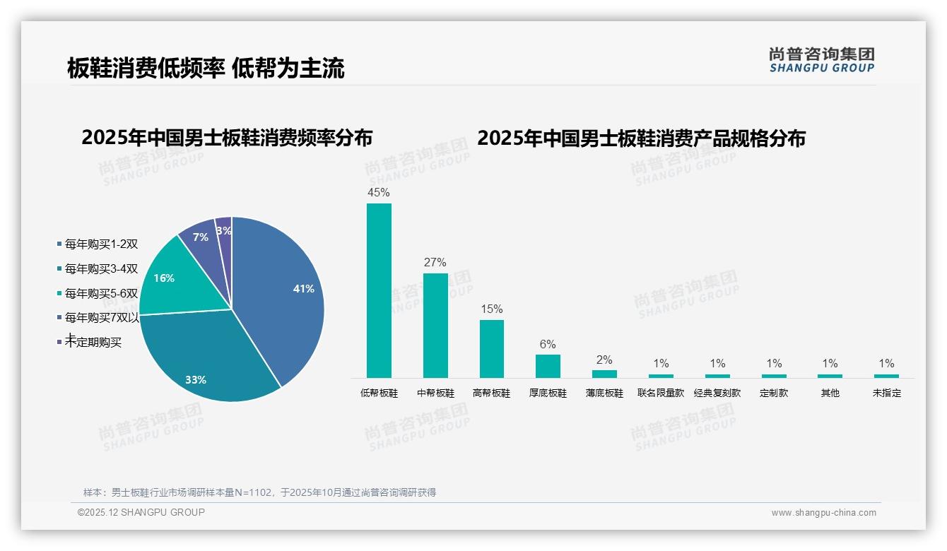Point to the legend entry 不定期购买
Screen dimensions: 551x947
coord(93,343)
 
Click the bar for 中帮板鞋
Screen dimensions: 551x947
coord(435,325)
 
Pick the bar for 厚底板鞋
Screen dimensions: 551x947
coord(548,366)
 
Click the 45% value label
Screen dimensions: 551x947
coord(379,192)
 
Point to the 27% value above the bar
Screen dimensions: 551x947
coord(435,262)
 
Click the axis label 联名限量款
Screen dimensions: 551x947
coord(661,393)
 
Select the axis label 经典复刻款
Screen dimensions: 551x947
coord(717,393)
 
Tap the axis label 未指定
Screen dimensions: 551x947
coord(887,393)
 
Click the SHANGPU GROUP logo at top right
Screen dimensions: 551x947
coord(821,60)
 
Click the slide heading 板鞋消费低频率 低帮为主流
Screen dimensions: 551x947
coord(206,68)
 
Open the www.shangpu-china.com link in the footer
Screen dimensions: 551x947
coord(823,513)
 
